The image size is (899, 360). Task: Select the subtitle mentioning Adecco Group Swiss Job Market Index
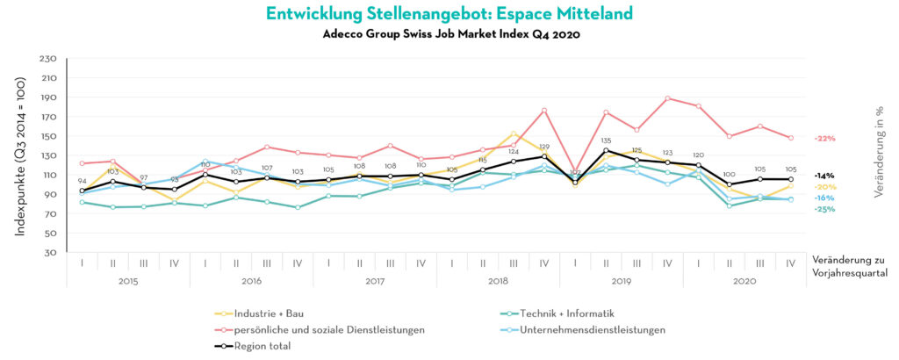pyautogui.click(x=449, y=34)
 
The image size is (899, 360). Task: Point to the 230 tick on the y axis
pyautogui.click(x=49, y=59)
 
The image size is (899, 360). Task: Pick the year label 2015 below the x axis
pyautogui.click(x=128, y=281)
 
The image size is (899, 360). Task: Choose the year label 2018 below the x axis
pyautogui.click(x=498, y=281)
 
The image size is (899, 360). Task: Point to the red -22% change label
pyautogui.click(x=824, y=139)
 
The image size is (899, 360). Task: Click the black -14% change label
pyautogui.click(x=823, y=176)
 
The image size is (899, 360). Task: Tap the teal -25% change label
pyautogui.click(x=823, y=209)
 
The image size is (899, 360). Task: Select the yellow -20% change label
pyautogui.click(x=824, y=187)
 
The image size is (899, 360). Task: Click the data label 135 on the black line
pyautogui.click(x=606, y=140)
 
